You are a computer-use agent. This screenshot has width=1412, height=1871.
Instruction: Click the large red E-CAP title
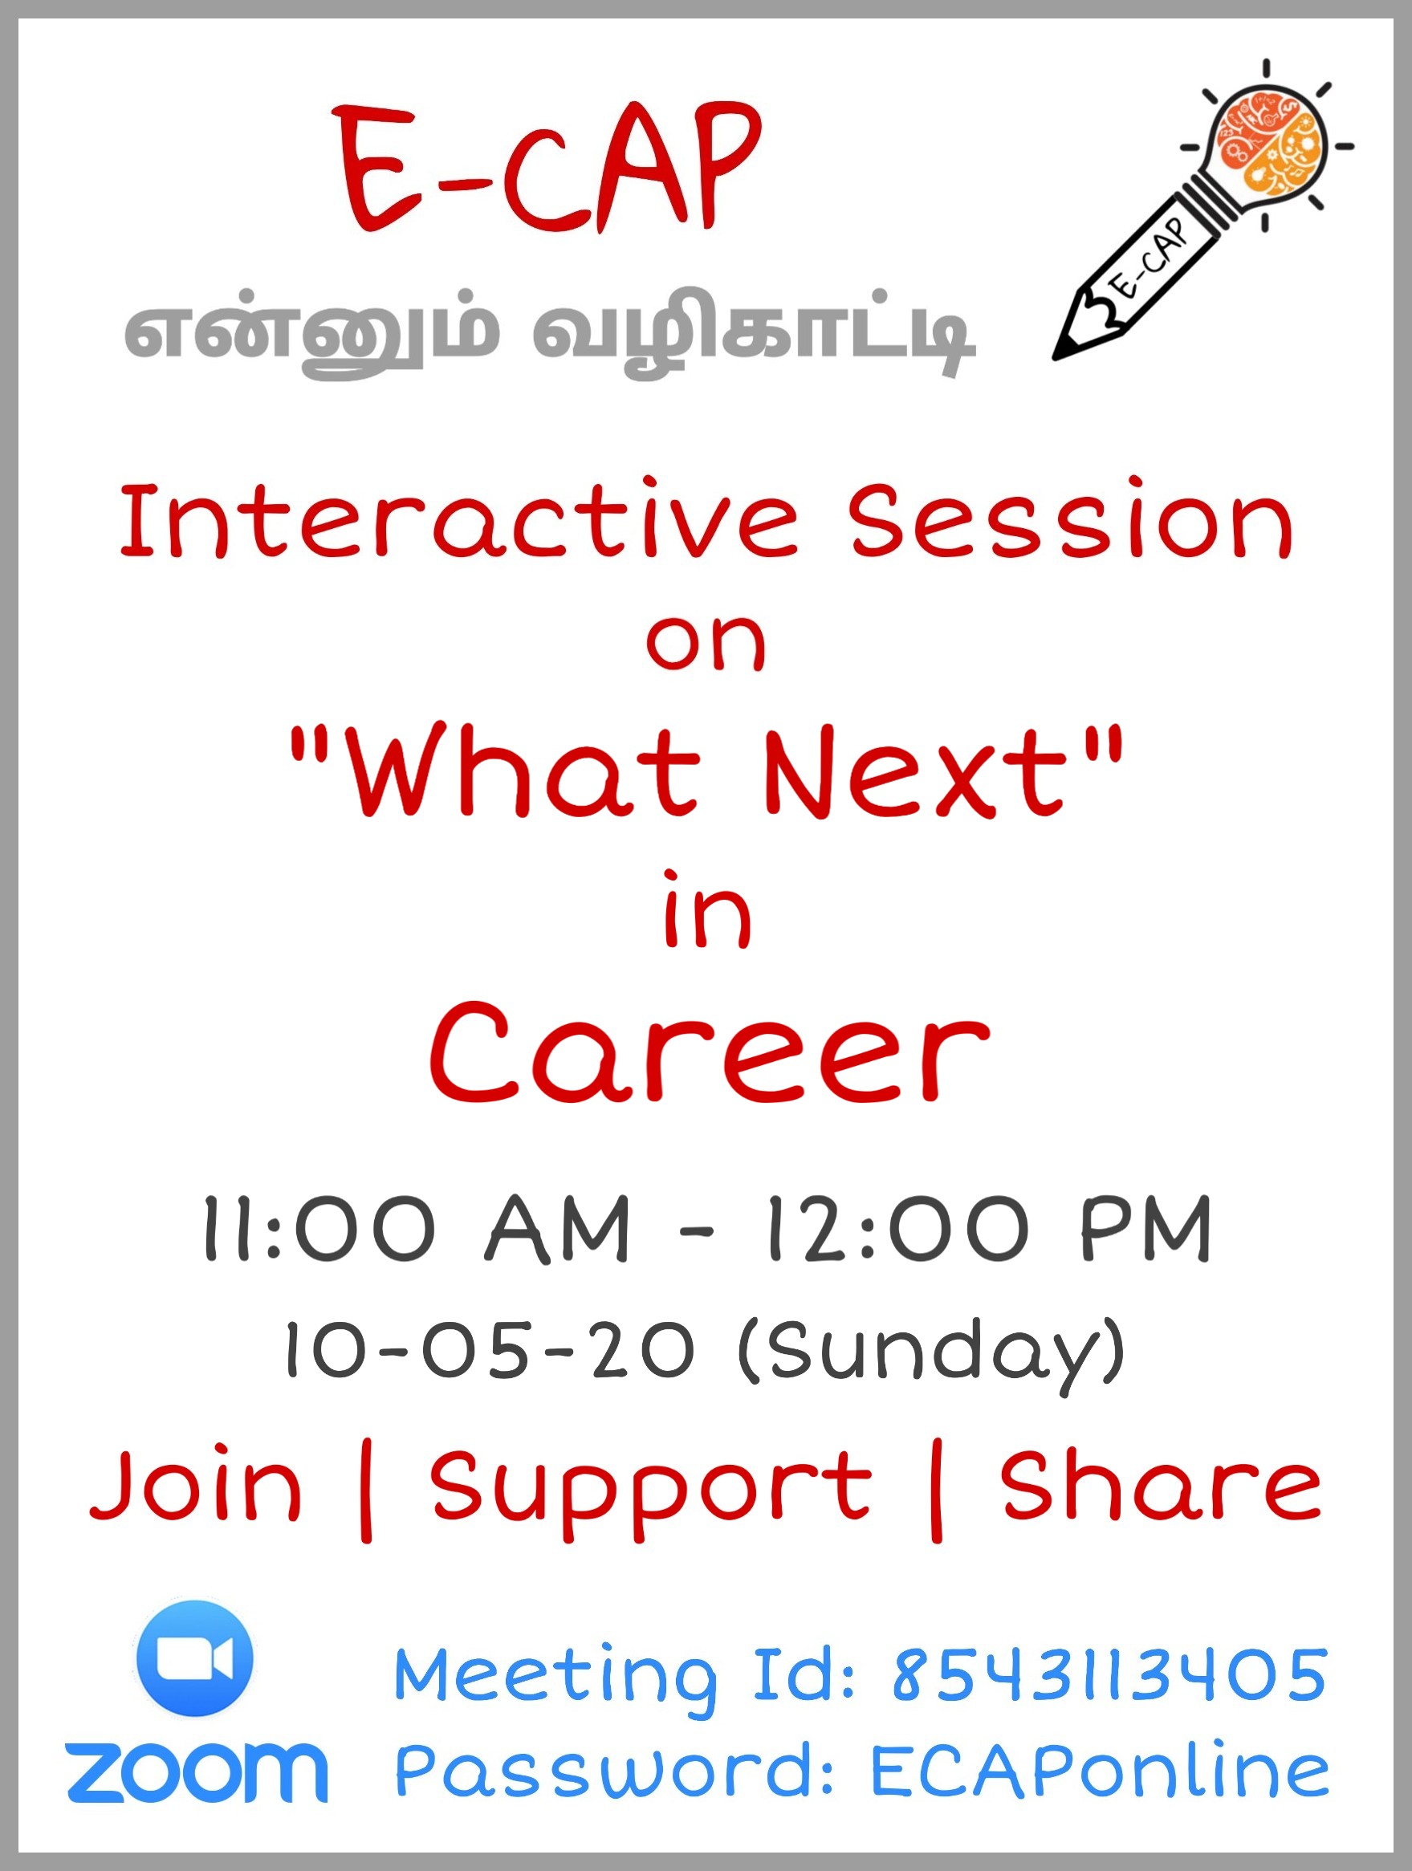click(x=548, y=168)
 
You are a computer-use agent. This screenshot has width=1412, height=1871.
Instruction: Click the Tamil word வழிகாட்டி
click(x=754, y=332)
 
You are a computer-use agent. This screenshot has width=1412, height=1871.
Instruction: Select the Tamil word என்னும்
click(x=311, y=332)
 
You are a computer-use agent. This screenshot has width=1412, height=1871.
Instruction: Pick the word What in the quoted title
click(x=523, y=771)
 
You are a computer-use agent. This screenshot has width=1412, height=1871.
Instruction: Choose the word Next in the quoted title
click(x=914, y=771)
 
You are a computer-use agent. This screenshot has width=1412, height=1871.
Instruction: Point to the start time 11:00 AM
click(x=417, y=1229)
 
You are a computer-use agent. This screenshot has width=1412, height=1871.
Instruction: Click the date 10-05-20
click(x=490, y=1350)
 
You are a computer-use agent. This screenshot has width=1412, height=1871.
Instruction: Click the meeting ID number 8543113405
click(x=1109, y=1675)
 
